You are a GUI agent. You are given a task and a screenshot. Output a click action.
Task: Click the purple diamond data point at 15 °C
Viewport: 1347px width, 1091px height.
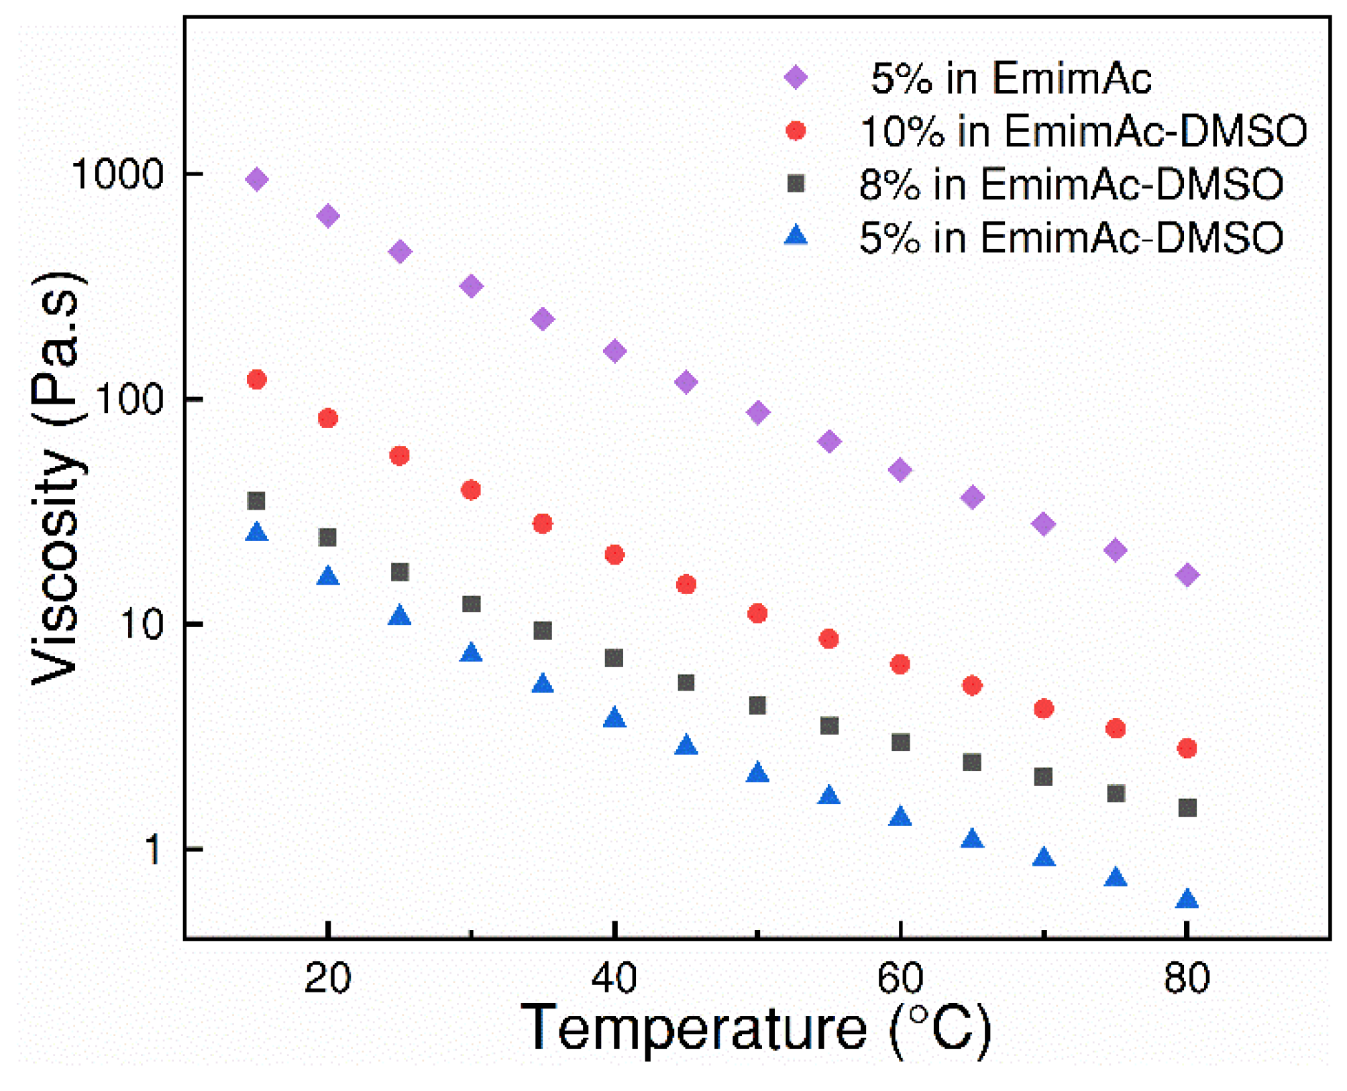[x=256, y=179]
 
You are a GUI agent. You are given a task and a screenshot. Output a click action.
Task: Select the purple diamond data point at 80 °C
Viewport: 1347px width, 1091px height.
[x=1187, y=575]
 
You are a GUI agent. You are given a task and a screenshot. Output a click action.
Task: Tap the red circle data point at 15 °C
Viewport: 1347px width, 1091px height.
[x=256, y=380]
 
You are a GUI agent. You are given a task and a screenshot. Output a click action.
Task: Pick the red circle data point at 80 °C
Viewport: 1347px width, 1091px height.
[x=1187, y=748]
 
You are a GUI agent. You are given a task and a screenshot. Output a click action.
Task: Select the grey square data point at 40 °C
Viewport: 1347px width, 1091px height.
[x=614, y=658]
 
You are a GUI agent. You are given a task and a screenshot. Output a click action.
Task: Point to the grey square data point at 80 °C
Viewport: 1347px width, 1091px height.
[x=1187, y=807]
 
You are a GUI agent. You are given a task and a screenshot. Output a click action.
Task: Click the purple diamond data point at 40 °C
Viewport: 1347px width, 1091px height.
[x=614, y=351]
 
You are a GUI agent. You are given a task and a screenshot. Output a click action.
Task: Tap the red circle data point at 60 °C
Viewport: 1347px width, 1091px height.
[x=900, y=665]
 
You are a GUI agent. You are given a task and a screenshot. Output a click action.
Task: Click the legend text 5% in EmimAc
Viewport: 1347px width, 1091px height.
[x=1010, y=78]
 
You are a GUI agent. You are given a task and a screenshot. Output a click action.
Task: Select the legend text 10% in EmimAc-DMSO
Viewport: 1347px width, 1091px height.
[x=1083, y=131]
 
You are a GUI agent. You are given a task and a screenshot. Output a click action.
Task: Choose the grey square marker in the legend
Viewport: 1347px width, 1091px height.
[x=796, y=184]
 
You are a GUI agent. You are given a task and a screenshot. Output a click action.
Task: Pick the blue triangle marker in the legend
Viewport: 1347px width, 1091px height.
[x=796, y=235]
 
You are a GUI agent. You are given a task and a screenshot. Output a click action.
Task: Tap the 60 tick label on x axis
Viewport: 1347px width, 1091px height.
[x=900, y=978]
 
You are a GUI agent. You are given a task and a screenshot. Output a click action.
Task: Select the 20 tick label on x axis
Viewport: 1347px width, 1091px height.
[x=327, y=978]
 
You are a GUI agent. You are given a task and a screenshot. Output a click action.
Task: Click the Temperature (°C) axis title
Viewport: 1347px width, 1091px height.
[x=756, y=1029]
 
